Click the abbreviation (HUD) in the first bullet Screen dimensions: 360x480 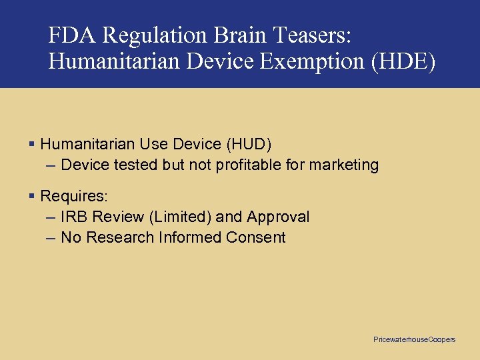249,144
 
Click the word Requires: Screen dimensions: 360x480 74,196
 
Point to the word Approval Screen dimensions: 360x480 278,217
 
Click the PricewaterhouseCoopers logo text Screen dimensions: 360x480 414,340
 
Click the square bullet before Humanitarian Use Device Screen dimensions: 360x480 32,144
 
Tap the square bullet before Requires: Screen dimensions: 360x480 32,196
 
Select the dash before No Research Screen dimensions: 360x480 51,237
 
